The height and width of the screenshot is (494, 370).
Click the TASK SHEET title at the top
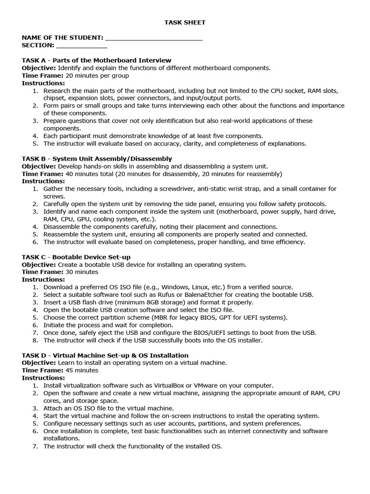pyautogui.click(x=185, y=22)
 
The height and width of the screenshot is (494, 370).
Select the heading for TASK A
pyautogui.click(x=96, y=60)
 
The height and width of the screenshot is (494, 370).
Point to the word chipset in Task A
pyautogui.click(x=55, y=98)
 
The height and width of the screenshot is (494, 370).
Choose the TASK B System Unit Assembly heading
pyautogui.click(x=97, y=159)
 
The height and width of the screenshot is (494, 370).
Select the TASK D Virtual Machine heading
pyautogui.click(x=105, y=356)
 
